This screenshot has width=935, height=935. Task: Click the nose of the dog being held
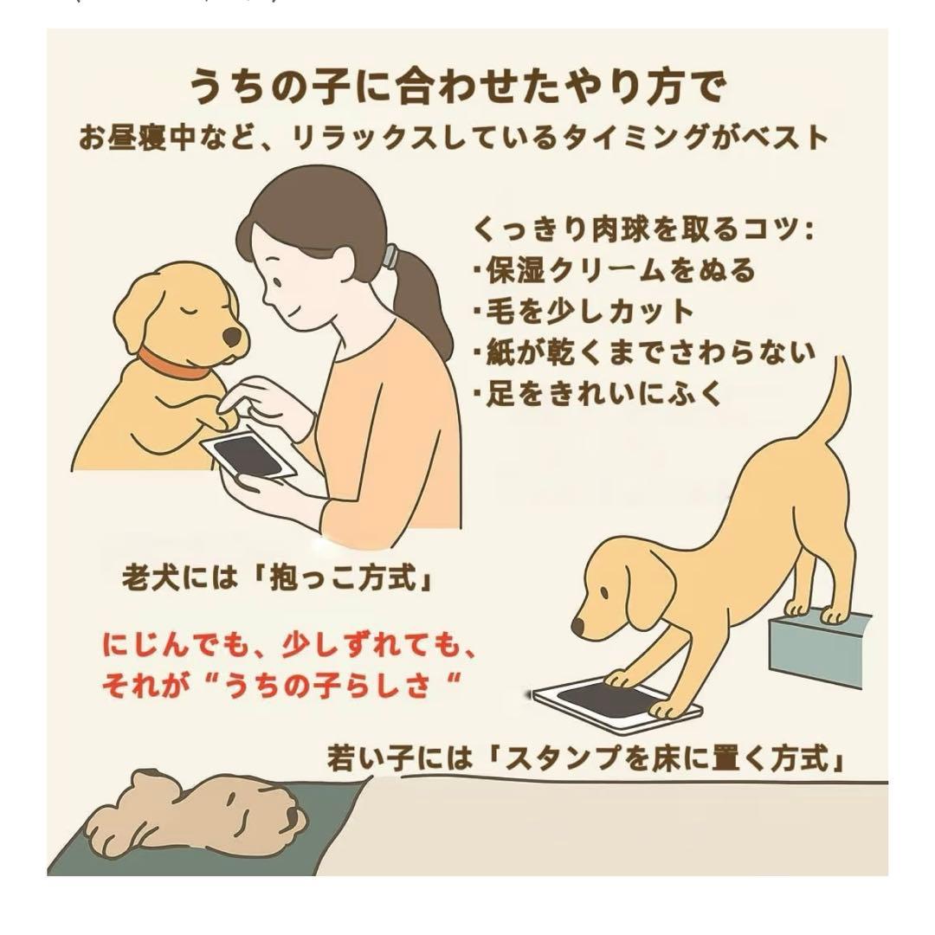(x=232, y=337)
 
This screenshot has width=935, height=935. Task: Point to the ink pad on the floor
(x=616, y=706)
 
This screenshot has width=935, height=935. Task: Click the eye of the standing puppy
(x=604, y=593)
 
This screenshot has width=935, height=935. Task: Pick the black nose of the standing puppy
(x=577, y=626)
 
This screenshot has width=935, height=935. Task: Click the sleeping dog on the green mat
(x=197, y=818)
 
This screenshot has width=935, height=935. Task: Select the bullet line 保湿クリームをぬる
(x=614, y=270)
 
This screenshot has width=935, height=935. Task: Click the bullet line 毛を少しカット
(x=584, y=312)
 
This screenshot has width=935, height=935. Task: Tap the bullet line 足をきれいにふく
(x=598, y=394)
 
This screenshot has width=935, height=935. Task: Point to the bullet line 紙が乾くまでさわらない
(x=644, y=352)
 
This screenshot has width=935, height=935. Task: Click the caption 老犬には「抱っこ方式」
(x=277, y=577)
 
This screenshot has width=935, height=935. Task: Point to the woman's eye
(x=276, y=279)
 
